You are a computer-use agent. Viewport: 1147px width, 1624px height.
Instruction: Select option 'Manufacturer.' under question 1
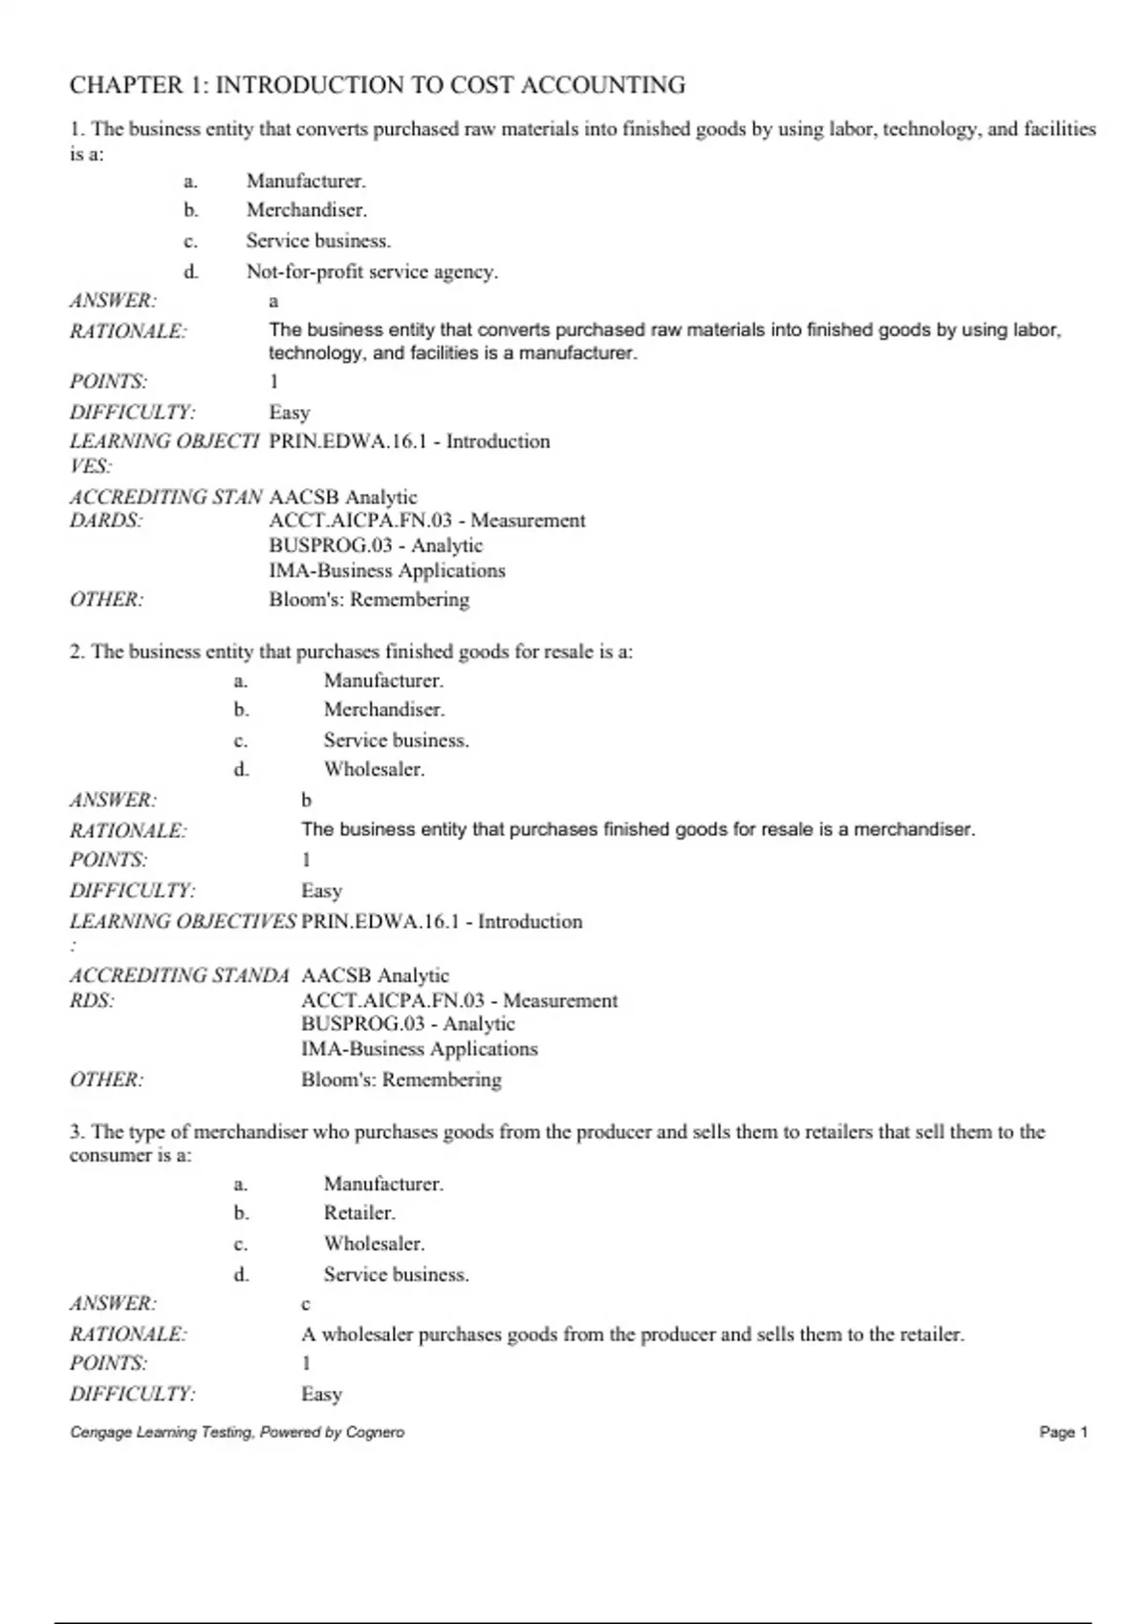[x=306, y=181]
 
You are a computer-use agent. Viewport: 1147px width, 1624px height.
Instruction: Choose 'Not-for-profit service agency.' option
[x=372, y=271]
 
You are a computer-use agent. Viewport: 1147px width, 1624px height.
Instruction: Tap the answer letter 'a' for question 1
[x=273, y=302]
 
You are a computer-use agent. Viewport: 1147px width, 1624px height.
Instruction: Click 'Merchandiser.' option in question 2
[x=383, y=709]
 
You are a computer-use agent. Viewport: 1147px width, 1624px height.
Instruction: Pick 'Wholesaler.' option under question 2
[x=374, y=769]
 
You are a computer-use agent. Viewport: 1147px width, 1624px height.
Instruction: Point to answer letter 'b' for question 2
[x=306, y=800]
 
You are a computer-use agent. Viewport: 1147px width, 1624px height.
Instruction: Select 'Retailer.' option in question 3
[x=358, y=1212]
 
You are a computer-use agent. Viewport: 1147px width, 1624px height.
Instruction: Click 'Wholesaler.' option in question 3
[x=374, y=1243]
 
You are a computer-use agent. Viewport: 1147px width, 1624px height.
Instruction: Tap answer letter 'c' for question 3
[x=306, y=1304]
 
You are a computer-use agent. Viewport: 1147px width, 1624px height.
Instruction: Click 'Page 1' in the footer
[x=1063, y=1432]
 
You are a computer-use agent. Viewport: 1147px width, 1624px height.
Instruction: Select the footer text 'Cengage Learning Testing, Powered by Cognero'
[x=237, y=1432]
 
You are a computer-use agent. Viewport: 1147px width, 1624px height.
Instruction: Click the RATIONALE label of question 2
[x=128, y=830]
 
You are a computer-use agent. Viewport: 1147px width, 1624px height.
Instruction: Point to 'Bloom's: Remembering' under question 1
[x=369, y=600]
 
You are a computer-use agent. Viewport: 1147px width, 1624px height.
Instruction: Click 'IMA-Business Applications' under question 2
[x=419, y=1049]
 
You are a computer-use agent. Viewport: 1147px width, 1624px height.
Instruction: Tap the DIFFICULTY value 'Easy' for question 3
[x=321, y=1394]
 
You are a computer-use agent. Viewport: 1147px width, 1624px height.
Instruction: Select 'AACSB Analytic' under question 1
[x=343, y=497]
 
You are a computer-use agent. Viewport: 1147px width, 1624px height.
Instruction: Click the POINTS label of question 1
[x=108, y=381]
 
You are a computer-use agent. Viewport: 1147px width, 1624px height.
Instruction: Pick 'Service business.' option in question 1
[x=318, y=241]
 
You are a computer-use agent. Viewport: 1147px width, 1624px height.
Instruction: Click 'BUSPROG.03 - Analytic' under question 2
[x=407, y=1024]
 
